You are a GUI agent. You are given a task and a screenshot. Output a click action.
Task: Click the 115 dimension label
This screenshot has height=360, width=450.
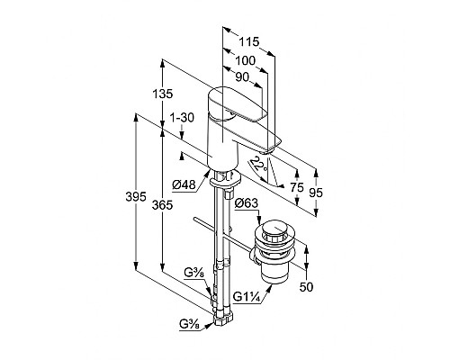[248, 41]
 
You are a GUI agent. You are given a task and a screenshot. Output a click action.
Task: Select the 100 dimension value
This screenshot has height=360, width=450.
[245, 60]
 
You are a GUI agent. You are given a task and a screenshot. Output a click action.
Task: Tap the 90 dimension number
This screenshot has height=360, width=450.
[242, 77]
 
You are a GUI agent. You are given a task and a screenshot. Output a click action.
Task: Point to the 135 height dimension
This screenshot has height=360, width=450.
[163, 94]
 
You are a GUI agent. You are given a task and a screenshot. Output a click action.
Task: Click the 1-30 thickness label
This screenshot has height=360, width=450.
[182, 118]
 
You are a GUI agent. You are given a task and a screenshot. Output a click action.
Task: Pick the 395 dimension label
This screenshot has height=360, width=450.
[136, 197]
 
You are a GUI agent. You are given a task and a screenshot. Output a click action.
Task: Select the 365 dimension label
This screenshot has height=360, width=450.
[162, 205]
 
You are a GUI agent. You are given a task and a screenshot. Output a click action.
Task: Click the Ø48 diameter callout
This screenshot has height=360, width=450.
[184, 184]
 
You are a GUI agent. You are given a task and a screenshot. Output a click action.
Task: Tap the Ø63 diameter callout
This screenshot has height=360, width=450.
[247, 203]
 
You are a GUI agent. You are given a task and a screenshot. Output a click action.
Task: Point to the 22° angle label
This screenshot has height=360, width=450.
[258, 165]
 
